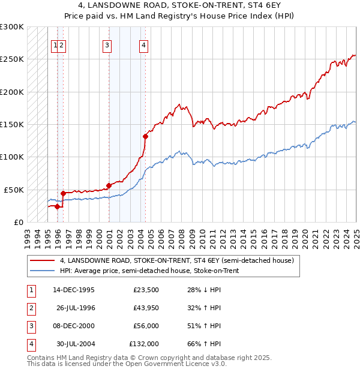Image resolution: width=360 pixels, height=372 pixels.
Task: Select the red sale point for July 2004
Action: (145, 136)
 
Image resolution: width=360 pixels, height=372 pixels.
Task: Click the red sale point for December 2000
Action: (109, 185)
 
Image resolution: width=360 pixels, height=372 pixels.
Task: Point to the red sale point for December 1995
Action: (58, 206)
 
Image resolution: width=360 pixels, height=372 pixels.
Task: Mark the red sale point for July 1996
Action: (64, 193)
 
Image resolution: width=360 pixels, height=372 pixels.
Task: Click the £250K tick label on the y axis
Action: (11, 59)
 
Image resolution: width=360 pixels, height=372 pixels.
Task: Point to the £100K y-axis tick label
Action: (11, 157)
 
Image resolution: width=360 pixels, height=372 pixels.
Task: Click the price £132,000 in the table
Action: (144, 344)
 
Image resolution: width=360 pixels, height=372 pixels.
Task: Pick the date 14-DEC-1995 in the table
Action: (74, 290)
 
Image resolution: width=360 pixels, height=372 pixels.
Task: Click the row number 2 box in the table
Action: (31, 308)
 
